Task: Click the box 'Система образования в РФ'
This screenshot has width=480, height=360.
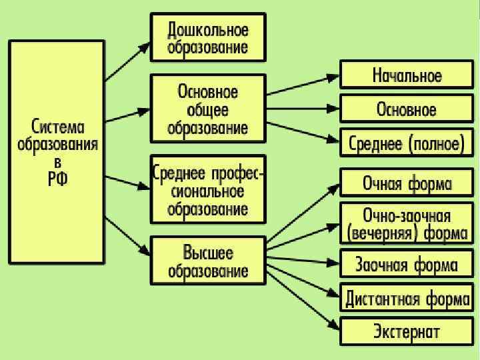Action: tap(57, 152)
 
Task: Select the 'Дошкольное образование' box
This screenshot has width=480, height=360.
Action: tap(208, 39)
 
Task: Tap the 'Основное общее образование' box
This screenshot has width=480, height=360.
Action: tap(208, 109)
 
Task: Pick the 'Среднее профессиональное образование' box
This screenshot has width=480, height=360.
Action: tap(208, 191)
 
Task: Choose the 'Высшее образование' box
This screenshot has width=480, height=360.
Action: tap(208, 261)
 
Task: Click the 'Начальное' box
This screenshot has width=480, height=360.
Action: tap(407, 75)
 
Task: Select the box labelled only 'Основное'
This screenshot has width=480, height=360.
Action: tap(407, 109)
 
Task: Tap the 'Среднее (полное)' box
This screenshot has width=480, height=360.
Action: tap(407, 143)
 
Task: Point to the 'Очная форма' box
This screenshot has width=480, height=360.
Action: tap(407, 183)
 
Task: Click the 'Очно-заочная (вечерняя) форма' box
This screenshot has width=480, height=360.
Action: tap(407, 224)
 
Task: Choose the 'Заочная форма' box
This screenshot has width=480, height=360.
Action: tap(407, 265)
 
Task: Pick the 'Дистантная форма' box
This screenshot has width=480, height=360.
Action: tap(407, 298)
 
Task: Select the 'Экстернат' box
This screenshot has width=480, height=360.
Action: tap(407, 331)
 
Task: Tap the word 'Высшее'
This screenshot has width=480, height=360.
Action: tap(208, 253)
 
